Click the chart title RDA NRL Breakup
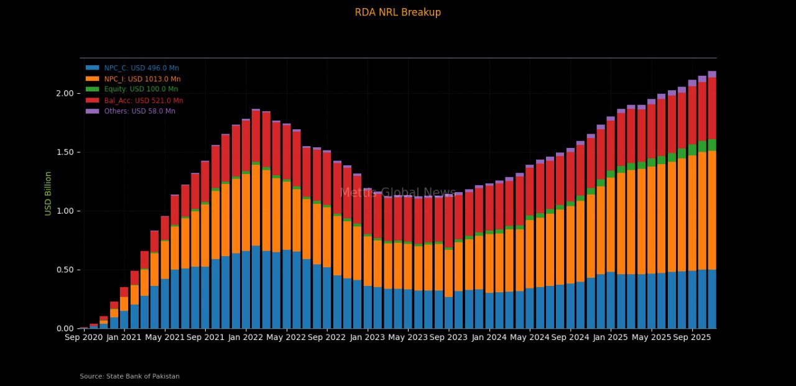click(x=397, y=12)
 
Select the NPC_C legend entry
click(x=141, y=68)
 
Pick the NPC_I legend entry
click(x=142, y=79)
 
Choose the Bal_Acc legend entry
click(x=143, y=101)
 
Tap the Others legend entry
click(x=139, y=111)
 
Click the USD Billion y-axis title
click(x=48, y=193)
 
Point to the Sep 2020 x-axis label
click(x=83, y=338)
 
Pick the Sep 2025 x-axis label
click(x=692, y=338)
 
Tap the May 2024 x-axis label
click(x=529, y=338)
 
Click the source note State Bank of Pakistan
click(x=129, y=376)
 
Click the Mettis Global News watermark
click(x=397, y=193)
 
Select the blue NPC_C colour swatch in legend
click(x=92, y=68)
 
